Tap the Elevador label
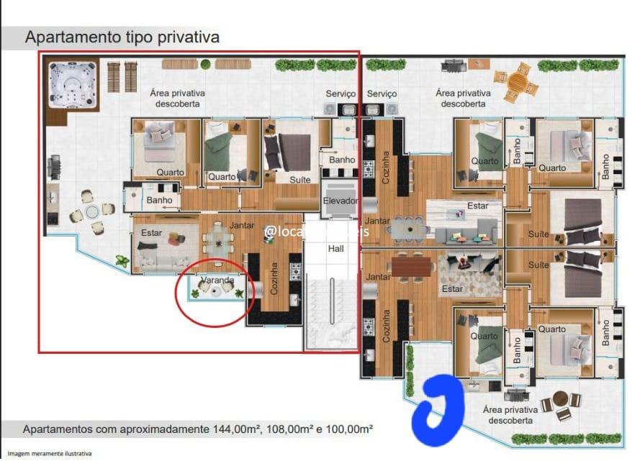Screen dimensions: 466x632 340,201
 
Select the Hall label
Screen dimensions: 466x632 336,248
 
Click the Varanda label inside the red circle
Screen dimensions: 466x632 217,279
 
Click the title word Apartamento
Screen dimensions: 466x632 71,36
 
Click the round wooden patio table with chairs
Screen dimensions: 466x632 516,82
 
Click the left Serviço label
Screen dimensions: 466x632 340,93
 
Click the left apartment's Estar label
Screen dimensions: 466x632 151,233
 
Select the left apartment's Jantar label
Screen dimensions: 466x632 242,225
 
